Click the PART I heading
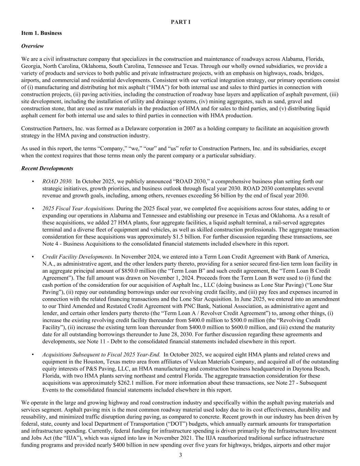(x=181, y=22)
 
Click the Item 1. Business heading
(x=42, y=33)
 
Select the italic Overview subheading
(x=32, y=46)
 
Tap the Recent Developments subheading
(x=47, y=168)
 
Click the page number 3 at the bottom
(x=181, y=455)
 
